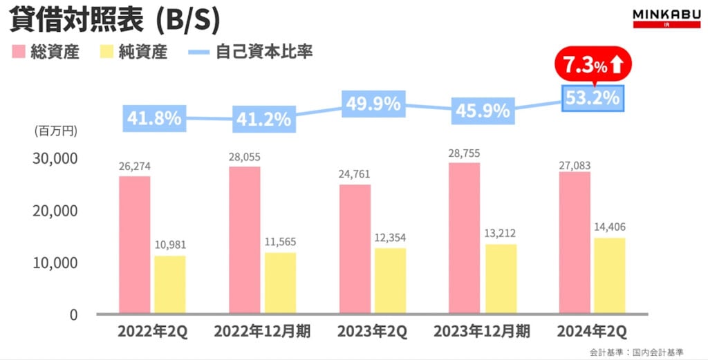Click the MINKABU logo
(x=666, y=18)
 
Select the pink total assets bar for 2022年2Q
(x=134, y=245)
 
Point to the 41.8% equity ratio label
(x=153, y=118)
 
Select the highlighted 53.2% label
(x=593, y=98)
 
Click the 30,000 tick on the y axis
(x=55, y=158)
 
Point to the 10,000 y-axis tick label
(x=55, y=263)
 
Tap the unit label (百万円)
(x=55, y=130)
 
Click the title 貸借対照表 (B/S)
(x=114, y=21)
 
